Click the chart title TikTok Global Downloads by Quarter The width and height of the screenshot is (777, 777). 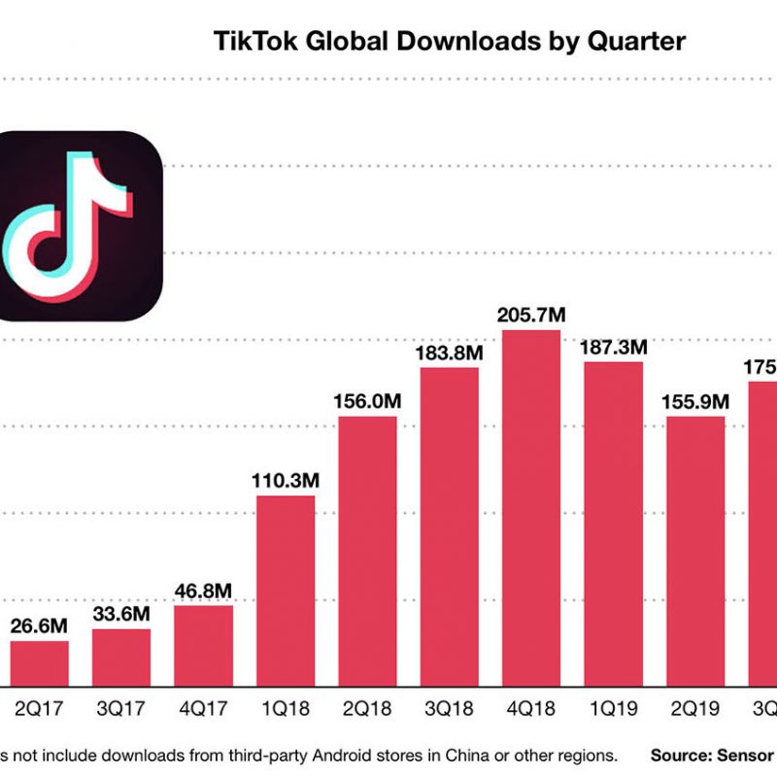[449, 42]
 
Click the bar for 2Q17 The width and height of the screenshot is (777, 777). [39, 660]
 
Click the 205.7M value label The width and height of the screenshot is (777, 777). [530, 316]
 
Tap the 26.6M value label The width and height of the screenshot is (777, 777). [39, 625]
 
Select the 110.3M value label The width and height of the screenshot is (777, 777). [286, 481]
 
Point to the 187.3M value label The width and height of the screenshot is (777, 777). [612, 348]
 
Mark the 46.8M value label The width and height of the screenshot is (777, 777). [203, 591]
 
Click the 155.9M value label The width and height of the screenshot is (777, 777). [694, 401]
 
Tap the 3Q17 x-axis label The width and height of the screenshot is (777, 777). [121, 709]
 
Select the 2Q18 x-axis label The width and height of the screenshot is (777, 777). [367, 709]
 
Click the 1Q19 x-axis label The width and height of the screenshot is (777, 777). [612, 709]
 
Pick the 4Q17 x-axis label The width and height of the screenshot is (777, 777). [203, 709]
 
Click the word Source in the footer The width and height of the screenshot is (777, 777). [685, 755]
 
